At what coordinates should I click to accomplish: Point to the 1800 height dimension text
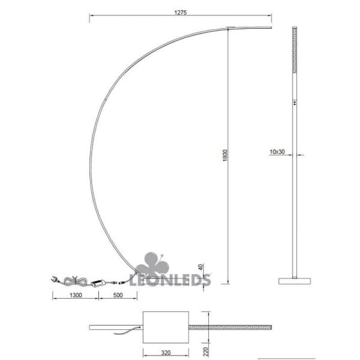223,154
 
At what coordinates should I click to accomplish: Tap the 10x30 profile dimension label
277,152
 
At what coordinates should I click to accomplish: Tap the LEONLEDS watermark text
173,280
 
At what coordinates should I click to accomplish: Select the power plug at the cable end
55,279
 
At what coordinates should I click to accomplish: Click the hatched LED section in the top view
230,328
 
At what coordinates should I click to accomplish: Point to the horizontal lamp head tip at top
252,27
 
